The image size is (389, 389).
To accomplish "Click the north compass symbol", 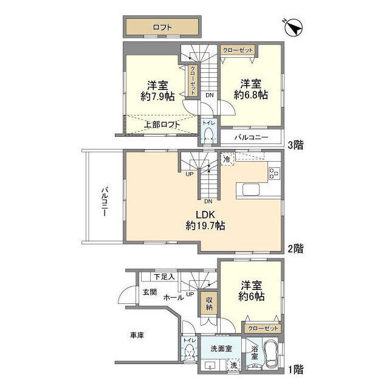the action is point(294,27).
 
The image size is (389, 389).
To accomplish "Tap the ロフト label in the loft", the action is point(162,27).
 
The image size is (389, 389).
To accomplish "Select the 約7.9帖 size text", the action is point(157,96).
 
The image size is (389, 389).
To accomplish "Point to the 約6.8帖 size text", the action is point(251,95).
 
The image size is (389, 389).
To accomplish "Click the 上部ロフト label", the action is point(162,124).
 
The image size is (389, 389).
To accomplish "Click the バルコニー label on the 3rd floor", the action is point(251,137).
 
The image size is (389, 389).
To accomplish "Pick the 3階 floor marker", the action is point(295,145).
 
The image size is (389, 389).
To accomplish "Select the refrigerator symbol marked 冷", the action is point(227,159).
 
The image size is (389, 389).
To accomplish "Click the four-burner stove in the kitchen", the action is point(274,173).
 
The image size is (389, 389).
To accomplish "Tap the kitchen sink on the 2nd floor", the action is point(251,190).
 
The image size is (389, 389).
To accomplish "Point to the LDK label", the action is point(205,215).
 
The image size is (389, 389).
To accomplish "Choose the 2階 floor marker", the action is point(295,249).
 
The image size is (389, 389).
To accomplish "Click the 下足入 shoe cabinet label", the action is point(164,277).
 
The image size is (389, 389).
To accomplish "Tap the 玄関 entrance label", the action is point(150,292).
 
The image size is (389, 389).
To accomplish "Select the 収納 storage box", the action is point(209,303).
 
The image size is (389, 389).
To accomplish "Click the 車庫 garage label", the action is point(137,336).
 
